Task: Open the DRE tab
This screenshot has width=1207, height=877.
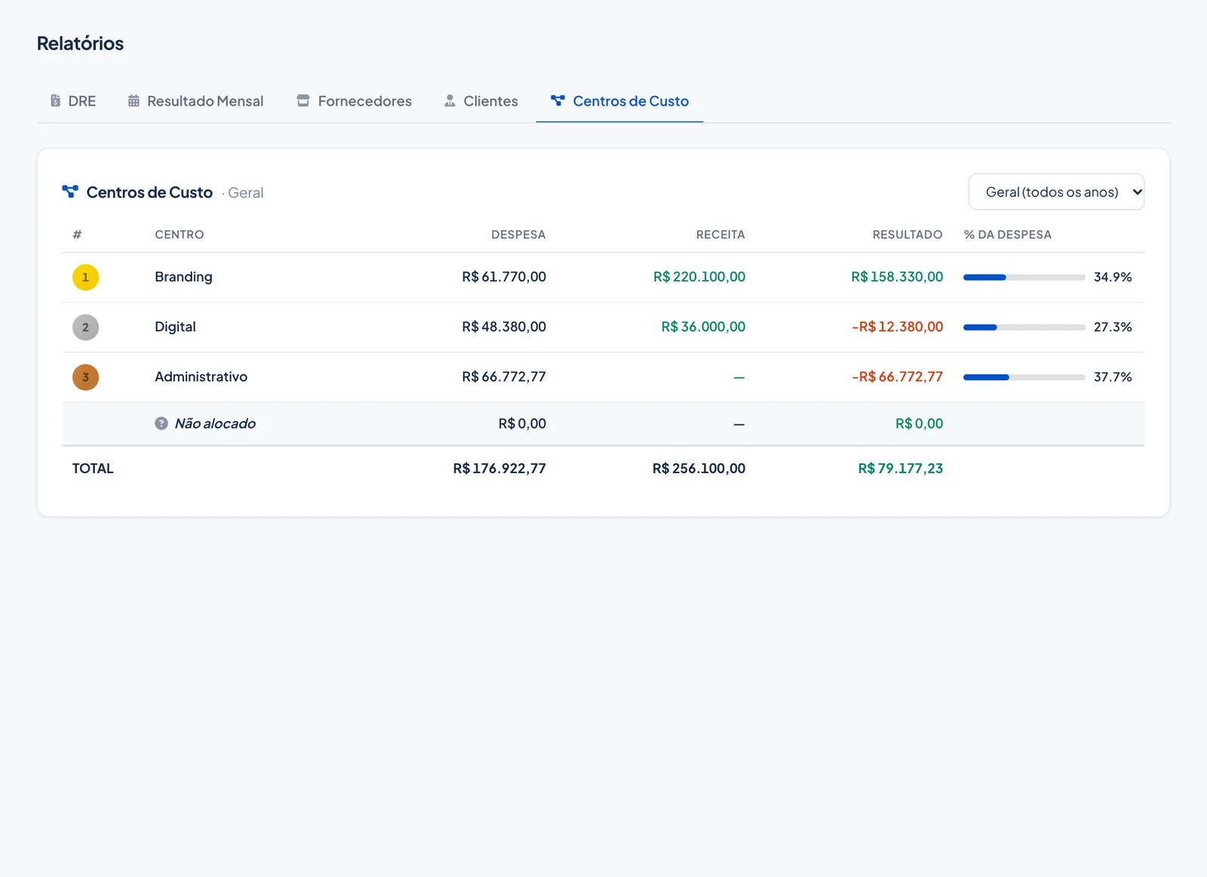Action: click(73, 101)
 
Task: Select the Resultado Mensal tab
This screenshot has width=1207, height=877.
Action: click(195, 101)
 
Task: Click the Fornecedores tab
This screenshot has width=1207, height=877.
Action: click(354, 101)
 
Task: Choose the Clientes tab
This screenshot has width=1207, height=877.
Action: click(481, 101)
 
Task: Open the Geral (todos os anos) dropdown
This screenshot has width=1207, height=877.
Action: click(1056, 192)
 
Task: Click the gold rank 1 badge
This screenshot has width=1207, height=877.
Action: click(86, 278)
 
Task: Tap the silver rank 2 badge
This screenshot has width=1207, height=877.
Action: click(86, 328)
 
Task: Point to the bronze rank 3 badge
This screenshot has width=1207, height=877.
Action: click(86, 377)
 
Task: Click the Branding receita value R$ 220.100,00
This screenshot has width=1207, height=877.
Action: click(699, 277)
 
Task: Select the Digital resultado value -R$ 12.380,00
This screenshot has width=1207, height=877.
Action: click(897, 327)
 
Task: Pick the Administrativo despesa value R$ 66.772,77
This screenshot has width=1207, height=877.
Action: click(504, 377)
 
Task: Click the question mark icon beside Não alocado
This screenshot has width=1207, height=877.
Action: click(161, 423)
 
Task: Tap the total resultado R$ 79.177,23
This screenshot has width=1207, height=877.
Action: click(901, 469)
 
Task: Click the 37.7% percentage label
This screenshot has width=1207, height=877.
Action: click(1113, 377)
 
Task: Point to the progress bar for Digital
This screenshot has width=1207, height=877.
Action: click(1024, 328)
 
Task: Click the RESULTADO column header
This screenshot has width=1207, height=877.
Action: click(908, 235)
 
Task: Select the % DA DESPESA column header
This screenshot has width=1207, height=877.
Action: click(1008, 235)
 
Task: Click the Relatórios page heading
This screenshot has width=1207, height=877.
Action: click(80, 43)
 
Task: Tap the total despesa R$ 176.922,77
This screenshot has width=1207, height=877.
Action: click(499, 469)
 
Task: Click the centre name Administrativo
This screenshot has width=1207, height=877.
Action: click(201, 377)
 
